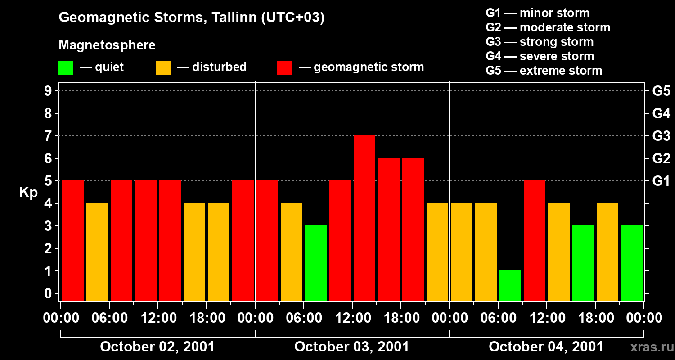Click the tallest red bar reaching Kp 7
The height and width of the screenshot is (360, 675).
(364, 218)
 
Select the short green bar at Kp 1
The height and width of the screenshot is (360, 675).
(510, 285)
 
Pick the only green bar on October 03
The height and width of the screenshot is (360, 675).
(316, 263)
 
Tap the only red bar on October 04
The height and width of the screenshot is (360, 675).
(535, 241)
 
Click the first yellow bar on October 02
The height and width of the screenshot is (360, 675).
(97, 252)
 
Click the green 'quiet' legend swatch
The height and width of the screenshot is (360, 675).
(66, 68)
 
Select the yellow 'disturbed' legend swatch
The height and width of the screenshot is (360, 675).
(163, 68)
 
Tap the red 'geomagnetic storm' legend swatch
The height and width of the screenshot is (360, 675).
(284, 68)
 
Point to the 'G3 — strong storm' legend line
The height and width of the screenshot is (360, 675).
(540, 42)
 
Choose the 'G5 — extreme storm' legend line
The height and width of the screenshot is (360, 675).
(544, 71)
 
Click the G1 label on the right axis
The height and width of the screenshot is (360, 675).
(661, 181)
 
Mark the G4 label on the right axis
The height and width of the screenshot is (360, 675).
(661, 113)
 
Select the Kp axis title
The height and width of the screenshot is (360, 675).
(28, 193)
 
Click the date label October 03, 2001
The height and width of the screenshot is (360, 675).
(352, 346)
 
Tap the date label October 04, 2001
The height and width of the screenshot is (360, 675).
(546, 346)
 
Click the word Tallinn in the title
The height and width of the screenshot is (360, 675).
(229, 18)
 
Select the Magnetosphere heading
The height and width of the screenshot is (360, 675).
(107, 45)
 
